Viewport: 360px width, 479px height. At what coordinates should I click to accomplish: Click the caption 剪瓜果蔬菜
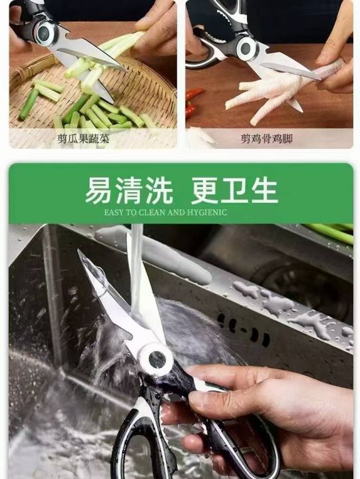(83, 138)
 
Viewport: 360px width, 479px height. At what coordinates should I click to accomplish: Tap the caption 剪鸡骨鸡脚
(266, 138)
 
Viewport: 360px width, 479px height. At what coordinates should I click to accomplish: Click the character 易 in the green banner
(98, 191)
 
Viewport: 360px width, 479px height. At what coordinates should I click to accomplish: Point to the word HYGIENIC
(206, 212)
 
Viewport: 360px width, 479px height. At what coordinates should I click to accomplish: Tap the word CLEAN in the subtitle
(152, 212)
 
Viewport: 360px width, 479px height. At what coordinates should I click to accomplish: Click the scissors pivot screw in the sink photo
(156, 359)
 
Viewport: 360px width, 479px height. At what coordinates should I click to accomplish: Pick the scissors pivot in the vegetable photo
(45, 31)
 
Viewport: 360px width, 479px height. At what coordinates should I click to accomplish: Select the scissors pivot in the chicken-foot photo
(246, 48)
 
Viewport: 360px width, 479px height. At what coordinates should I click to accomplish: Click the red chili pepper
(192, 101)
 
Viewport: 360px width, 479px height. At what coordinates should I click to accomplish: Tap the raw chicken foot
(269, 92)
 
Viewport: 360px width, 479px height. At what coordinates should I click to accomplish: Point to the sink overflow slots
(244, 330)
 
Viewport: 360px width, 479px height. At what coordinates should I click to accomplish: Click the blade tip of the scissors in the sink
(79, 251)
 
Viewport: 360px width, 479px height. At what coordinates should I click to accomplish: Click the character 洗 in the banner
(159, 191)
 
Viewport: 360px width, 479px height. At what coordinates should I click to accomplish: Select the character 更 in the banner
(204, 191)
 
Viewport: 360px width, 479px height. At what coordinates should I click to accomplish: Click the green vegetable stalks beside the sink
(331, 232)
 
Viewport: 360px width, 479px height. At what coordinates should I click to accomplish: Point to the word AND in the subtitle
(176, 212)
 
